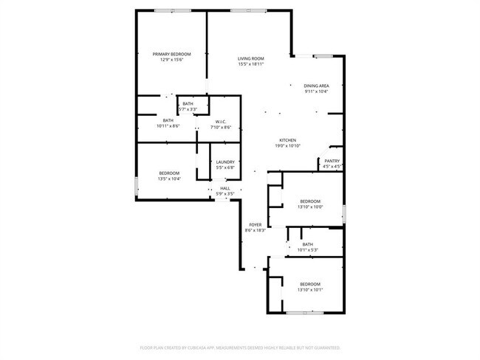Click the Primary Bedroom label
coord(171,54)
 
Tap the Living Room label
coord(251,58)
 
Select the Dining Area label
coord(317,86)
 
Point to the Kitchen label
coord(287,140)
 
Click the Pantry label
coord(332,161)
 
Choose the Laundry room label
coord(225,162)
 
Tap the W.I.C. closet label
coord(220,121)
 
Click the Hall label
coord(225,188)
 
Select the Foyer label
coord(255,224)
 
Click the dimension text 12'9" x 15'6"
coord(171,60)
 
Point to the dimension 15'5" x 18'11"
coord(251,64)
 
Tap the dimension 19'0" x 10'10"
coord(287,146)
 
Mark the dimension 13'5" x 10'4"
coord(168,179)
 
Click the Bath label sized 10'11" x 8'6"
coord(168,120)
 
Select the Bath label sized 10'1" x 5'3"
coord(307,244)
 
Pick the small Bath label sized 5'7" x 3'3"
coord(188,104)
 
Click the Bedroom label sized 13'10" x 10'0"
coord(310,201)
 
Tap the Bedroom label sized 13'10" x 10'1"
coord(310,284)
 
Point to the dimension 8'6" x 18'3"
coord(255,230)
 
